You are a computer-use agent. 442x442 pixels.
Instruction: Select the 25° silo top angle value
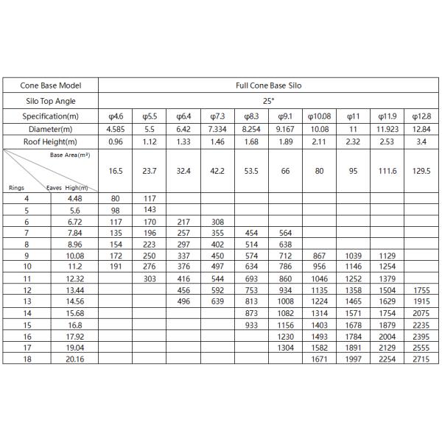pyautogui.click(x=268, y=101)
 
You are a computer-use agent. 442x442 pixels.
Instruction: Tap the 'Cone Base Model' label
pyautogui.click(x=49, y=85)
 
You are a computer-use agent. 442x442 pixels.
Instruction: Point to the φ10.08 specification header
pyautogui.click(x=318, y=116)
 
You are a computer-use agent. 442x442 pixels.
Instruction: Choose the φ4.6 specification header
pyautogui.click(x=115, y=116)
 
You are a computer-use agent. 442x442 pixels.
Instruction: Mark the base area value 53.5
pyautogui.click(x=251, y=171)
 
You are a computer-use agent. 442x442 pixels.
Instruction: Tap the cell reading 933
pyautogui.click(x=251, y=324)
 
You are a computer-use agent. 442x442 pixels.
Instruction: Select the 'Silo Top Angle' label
pyautogui.click(x=49, y=101)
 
